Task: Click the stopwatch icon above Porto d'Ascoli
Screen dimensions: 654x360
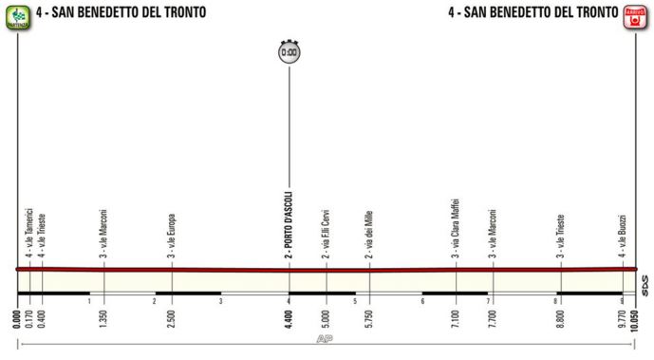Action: pos(290,52)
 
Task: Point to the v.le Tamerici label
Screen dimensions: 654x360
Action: pos(29,233)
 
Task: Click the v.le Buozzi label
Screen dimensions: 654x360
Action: pos(623,235)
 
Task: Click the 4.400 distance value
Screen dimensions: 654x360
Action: pos(289,313)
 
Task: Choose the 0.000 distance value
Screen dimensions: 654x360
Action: pos(18,313)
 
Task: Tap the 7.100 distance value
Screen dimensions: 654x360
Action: pos(456,313)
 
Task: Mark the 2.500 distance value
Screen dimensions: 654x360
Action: pos(172,313)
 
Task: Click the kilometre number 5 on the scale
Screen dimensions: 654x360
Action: pos(355,302)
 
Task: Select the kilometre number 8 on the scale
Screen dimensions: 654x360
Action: pos(556,302)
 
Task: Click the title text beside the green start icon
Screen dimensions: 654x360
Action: pos(120,13)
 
